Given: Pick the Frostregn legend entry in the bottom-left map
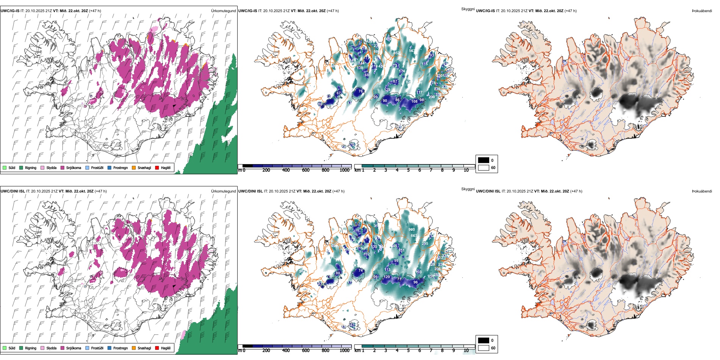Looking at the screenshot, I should pyautogui.click(x=120, y=348).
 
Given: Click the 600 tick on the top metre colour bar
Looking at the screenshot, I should pyautogui.click(x=305, y=170).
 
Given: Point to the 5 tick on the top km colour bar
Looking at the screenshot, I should pyautogui.click(x=408, y=170).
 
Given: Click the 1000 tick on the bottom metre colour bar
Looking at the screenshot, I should pyautogui.click(x=344, y=351).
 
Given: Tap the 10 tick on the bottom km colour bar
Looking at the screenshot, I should pyautogui.click(x=466, y=351).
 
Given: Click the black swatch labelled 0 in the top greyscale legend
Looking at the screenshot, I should pyautogui.click(x=484, y=160).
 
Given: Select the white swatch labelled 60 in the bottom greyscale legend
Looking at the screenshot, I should pyautogui.click(x=484, y=348).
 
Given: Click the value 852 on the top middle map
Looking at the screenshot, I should pyautogui.click(x=396, y=53).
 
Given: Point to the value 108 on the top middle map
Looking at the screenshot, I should pyautogui.click(x=414, y=102).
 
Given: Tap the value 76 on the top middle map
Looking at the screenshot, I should pyautogui.click(x=360, y=91).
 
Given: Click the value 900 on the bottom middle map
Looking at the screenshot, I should pyautogui.click(x=412, y=230).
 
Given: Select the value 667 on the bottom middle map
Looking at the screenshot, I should pyautogui.click(x=414, y=236).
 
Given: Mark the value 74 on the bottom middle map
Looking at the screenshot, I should pyautogui.click(x=360, y=271).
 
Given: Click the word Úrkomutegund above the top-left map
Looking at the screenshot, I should pyautogui.click(x=223, y=11).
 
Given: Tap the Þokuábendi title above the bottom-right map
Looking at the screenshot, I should pyautogui.click(x=702, y=191).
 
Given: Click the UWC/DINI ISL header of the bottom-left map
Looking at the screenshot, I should pyautogui.click(x=13, y=191).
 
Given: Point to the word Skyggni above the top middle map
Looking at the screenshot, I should pyautogui.click(x=468, y=9).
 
